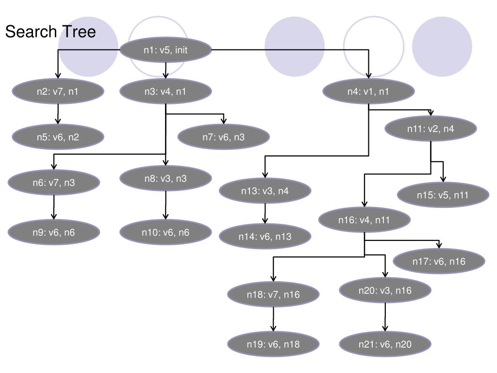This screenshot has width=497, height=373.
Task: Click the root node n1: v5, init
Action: click(166, 50)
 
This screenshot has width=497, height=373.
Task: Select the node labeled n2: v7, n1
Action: click(58, 91)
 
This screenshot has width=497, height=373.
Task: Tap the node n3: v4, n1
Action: click(166, 91)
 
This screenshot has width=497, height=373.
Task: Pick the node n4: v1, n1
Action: click(368, 91)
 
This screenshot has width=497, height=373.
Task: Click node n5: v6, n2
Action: click(58, 137)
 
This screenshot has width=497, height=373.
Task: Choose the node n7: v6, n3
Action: click(224, 137)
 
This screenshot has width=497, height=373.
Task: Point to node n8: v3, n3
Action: click(166, 178)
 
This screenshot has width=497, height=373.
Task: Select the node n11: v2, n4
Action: click(431, 129)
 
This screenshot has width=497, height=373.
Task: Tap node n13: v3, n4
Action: click(265, 191)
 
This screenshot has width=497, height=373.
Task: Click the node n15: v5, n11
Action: click(443, 195)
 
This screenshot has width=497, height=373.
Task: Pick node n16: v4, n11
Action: click(364, 220)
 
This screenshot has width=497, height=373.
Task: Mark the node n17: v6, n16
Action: click(439, 261)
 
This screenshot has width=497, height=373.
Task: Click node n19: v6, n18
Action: click(274, 344)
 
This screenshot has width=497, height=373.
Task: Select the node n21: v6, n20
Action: click(385, 344)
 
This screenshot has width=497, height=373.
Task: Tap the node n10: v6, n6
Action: click(166, 232)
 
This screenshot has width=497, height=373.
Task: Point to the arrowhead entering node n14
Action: click(265, 221)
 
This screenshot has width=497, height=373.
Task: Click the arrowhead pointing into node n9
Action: click(53, 217)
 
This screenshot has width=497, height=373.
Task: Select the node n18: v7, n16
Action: click(274, 294)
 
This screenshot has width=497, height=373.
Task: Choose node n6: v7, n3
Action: click(54, 183)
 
